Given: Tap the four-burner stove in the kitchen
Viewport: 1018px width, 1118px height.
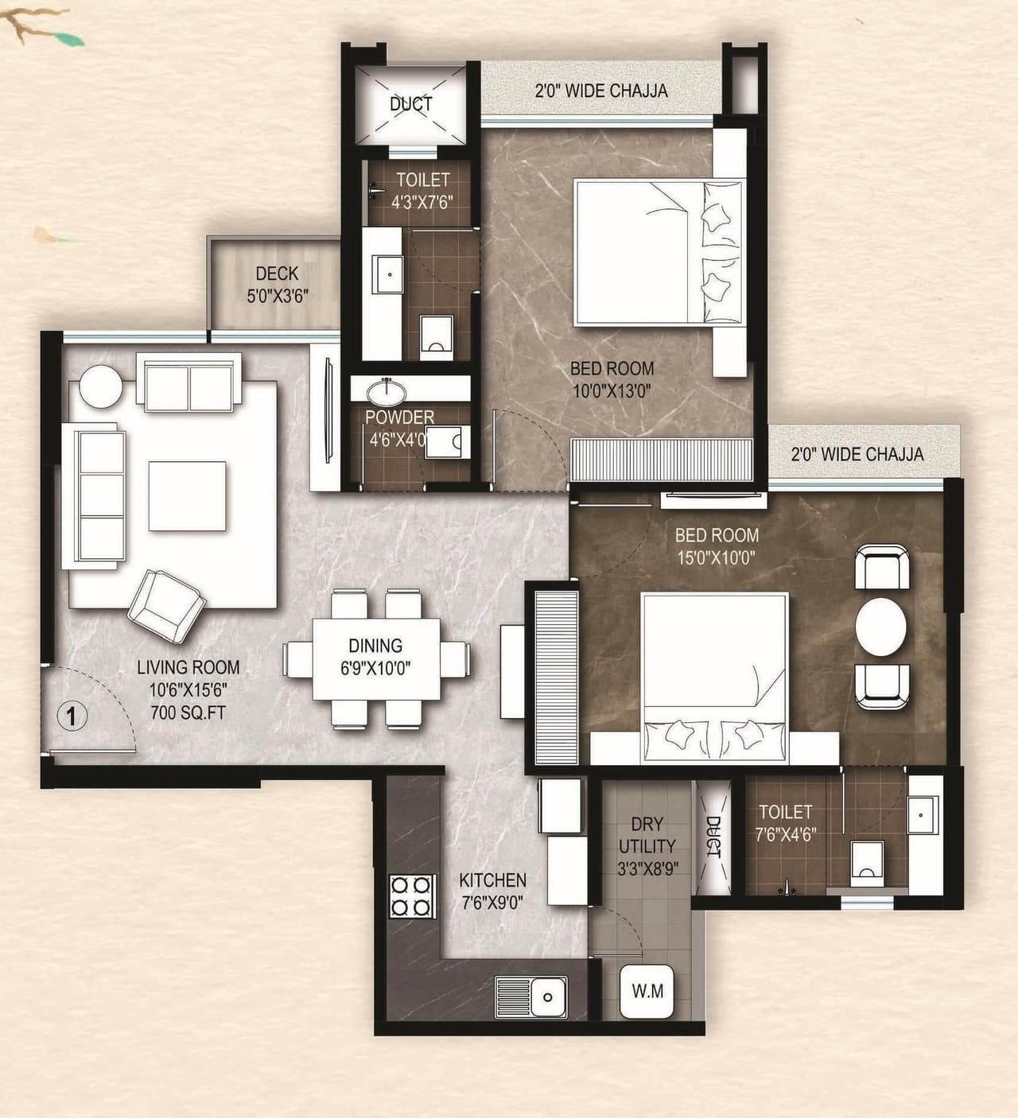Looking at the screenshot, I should [411, 896].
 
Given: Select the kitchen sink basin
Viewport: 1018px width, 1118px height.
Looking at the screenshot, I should [546, 996].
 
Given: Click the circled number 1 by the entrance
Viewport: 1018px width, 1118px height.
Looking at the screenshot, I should [72, 717].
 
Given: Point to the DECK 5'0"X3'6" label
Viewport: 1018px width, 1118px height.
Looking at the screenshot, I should [277, 285].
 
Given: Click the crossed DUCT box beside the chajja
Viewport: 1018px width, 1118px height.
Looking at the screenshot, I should [410, 103].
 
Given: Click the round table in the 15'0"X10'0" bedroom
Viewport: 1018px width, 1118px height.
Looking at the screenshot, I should [880, 627].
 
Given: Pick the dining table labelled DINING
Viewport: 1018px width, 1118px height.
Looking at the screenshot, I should [375, 657].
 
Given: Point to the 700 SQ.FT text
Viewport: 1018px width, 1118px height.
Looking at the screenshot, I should [188, 712].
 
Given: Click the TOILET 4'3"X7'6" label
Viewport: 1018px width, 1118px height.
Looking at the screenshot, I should [422, 191].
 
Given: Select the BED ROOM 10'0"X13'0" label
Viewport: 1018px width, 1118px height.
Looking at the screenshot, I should [612, 379].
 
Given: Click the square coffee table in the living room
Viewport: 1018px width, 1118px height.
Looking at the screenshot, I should [187, 496].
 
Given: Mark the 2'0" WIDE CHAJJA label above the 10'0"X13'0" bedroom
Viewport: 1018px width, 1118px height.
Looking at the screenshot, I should [600, 91].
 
